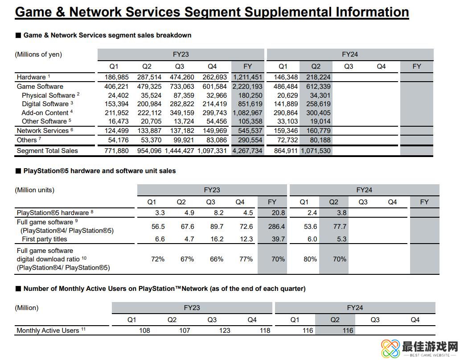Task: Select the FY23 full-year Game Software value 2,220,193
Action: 247,87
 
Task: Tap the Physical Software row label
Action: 49,95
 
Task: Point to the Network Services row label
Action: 43,131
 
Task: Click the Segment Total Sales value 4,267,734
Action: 247,151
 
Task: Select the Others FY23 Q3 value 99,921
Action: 180,140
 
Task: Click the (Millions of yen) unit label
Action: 38,54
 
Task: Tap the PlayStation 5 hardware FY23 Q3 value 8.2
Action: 217,213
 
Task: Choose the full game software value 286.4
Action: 276,227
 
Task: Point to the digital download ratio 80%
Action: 310,259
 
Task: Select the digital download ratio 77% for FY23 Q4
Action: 246,259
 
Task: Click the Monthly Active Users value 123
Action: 225,331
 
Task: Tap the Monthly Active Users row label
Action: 48,331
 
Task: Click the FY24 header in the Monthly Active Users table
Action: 355,308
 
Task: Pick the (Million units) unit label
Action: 35,190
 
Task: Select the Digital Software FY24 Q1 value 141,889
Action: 283,104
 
